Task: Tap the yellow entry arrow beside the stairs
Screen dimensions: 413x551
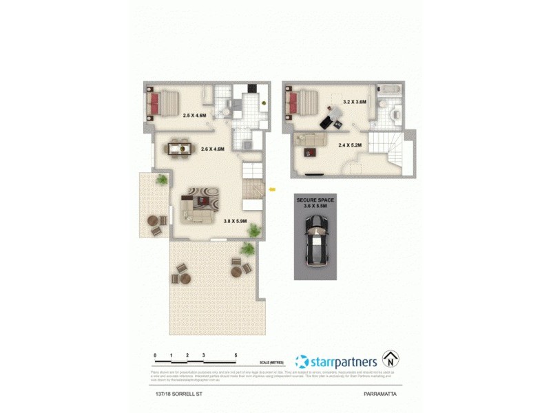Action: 273,188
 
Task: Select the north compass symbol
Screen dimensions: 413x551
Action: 392,359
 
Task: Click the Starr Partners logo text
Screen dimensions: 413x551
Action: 342,361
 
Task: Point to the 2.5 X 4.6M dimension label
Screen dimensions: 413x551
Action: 196,116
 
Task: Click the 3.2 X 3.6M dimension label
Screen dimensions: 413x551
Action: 354,102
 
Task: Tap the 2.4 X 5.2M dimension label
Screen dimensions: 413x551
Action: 350,145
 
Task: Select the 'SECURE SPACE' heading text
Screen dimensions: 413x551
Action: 315,200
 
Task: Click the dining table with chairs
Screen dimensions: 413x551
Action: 178,146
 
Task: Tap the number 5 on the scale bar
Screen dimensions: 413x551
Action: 236,355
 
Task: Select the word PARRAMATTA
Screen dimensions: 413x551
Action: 382,394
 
